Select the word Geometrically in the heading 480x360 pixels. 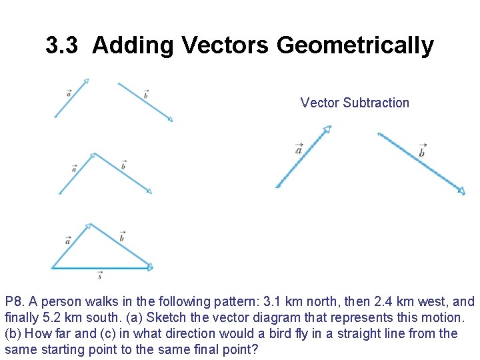[x=355, y=45]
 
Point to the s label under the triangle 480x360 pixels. [x=100, y=275]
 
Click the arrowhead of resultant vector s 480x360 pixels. [x=149, y=267]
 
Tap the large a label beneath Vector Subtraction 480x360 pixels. [x=299, y=149]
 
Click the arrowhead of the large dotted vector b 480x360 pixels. [x=461, y=191]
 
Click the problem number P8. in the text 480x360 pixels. [x=15, y=302]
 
